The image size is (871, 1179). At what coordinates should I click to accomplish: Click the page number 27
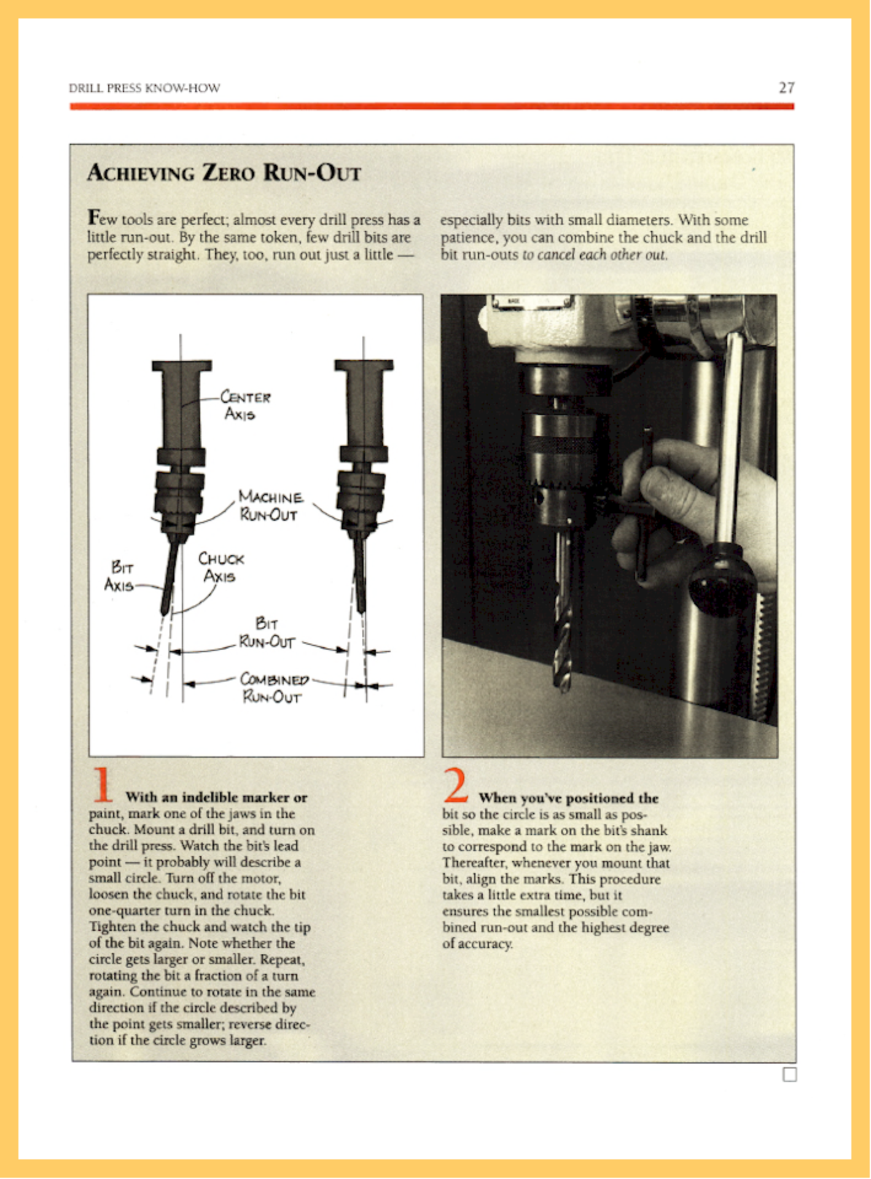tap(786, 88)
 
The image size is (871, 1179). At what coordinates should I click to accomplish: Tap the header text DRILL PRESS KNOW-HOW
tap(144, 88)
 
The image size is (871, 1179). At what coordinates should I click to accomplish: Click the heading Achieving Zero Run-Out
tap(224, 173)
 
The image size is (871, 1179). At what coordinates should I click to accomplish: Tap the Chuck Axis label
tap(221, 567)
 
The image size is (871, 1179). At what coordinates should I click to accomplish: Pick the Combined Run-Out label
tap(273, 688)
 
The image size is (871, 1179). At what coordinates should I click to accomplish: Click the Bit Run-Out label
tap(267, 634)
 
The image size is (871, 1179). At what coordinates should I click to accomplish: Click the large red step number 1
tap(102, 785)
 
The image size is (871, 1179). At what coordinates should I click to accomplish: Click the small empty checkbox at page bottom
tap(790, 1075)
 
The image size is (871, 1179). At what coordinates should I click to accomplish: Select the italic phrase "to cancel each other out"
tap(595, 255)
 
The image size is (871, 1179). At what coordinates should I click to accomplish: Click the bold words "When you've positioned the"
tap(568, 798)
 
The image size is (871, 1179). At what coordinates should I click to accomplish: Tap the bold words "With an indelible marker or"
tap(216, 798)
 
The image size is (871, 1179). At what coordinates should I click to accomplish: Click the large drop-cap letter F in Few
tap(94, 218)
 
